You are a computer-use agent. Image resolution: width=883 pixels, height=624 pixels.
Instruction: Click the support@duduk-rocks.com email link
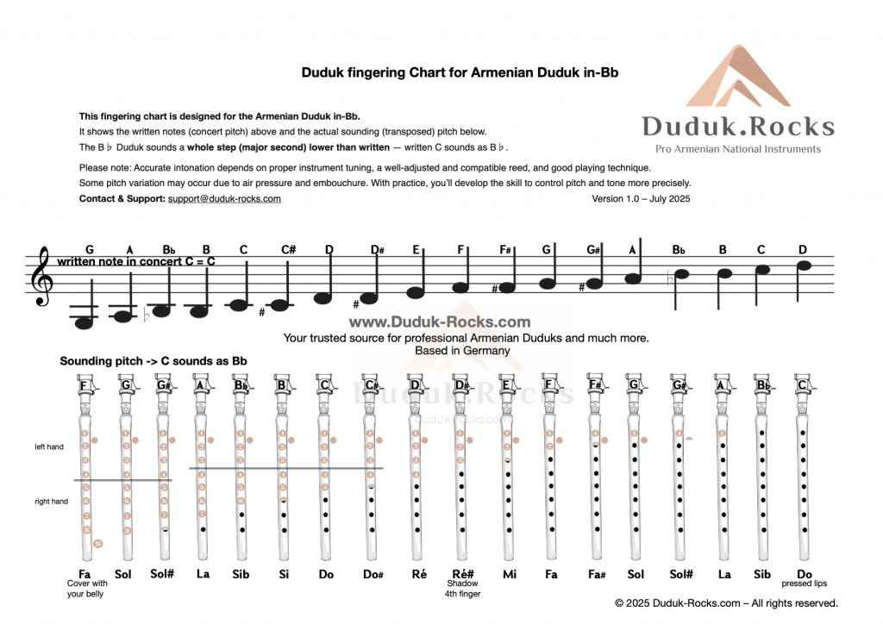[x=224, y=199]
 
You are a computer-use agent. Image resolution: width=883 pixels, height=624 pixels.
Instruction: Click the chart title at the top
[x=460, y=73]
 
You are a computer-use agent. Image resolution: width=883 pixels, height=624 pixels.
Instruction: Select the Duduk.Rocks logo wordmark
[x=737, y=127]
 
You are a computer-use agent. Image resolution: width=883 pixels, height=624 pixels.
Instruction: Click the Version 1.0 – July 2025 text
[x=641, y=199]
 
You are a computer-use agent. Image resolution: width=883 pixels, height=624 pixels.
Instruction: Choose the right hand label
[x=51, y=502]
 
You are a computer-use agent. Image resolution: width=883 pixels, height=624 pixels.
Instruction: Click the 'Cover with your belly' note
[x=85, y=589]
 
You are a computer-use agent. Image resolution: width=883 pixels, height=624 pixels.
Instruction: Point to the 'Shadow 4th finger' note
[x=462, y=589]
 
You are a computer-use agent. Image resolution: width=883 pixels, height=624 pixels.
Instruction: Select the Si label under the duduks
[x=282, y=573]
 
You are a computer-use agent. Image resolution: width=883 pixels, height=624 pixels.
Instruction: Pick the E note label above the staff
[x=416, y=250]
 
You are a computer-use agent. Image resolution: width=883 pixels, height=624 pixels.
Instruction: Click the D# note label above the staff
[x=377, y=250]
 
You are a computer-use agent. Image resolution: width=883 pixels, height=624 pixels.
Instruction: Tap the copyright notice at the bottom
[x=726, y=603]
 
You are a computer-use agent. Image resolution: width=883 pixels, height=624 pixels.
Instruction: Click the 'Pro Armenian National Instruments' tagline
[x=737, y=149]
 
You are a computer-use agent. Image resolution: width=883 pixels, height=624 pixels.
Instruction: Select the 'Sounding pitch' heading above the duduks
[x=153, y=361]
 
